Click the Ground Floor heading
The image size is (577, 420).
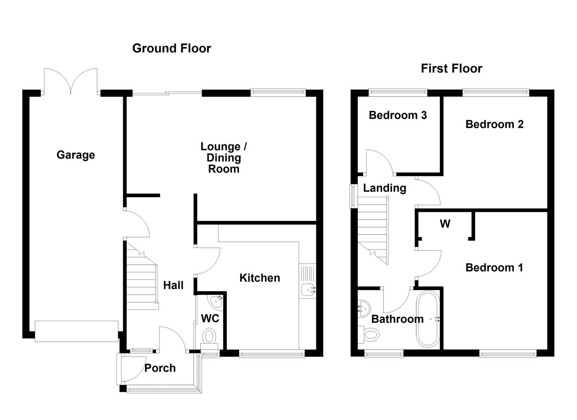click(x=171, y=48)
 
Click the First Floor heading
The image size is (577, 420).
click(x=451, y=68)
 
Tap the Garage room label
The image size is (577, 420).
click(x=75, y=155)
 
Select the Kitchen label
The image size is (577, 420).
click(x=259, y=278)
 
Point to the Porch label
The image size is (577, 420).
click(x=160, y=368)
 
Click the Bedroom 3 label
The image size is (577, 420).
click(x=397, y=115)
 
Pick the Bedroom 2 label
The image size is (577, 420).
click(x=494, y=124)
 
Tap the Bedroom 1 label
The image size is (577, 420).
click(x=494, y=268)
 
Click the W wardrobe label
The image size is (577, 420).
click(x=445, y=224)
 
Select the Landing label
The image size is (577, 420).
click(x=384, y=188)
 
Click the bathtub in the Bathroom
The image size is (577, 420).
click(x=428, y=319)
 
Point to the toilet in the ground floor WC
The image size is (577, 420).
click(x=210, y=337)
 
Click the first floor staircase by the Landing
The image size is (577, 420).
click(x=373, y=229)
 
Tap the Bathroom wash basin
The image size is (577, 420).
click(x=364, y=307)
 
